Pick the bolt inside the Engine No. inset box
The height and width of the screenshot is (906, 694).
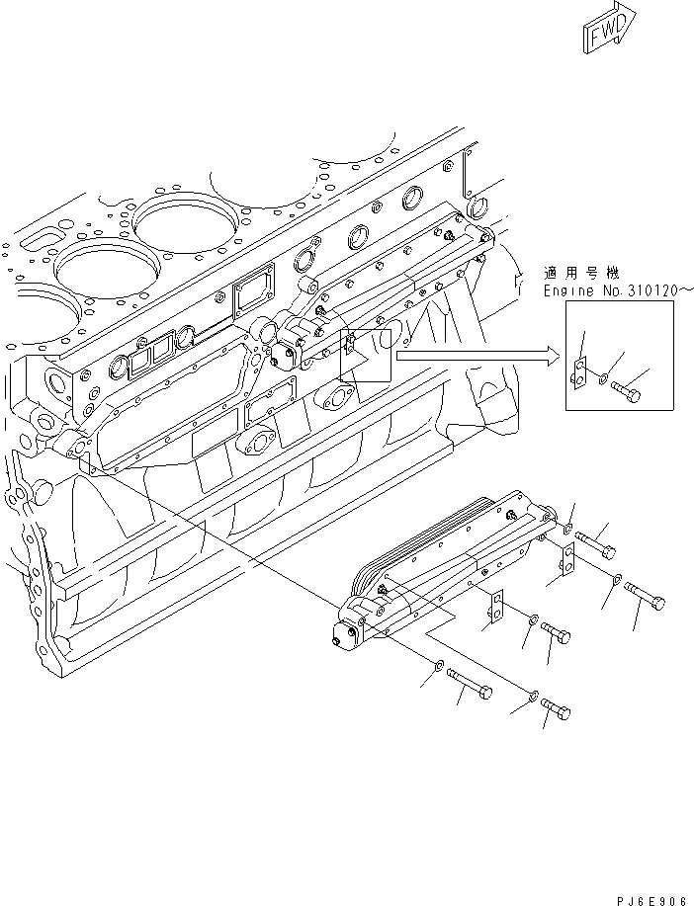click(x=627, y=392)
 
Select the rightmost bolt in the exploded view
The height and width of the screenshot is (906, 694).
click(x=646, y=596)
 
